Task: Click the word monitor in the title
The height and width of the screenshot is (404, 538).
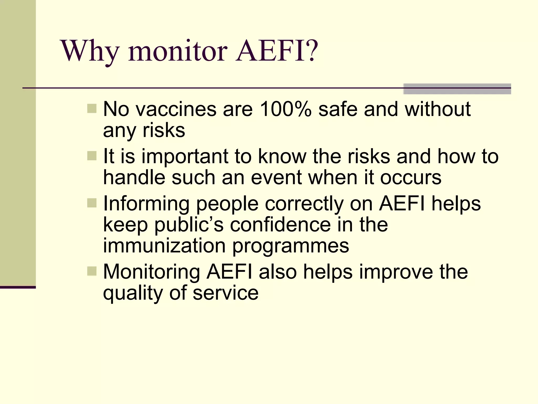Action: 178,51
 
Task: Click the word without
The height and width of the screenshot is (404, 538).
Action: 437,109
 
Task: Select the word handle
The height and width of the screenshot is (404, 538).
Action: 134,178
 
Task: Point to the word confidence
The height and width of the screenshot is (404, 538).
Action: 280,225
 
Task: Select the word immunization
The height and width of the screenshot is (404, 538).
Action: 164,246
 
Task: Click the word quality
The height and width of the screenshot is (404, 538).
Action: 133,294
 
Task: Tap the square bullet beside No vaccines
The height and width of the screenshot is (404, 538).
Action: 92,108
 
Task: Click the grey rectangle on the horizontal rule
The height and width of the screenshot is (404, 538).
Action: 457,89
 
